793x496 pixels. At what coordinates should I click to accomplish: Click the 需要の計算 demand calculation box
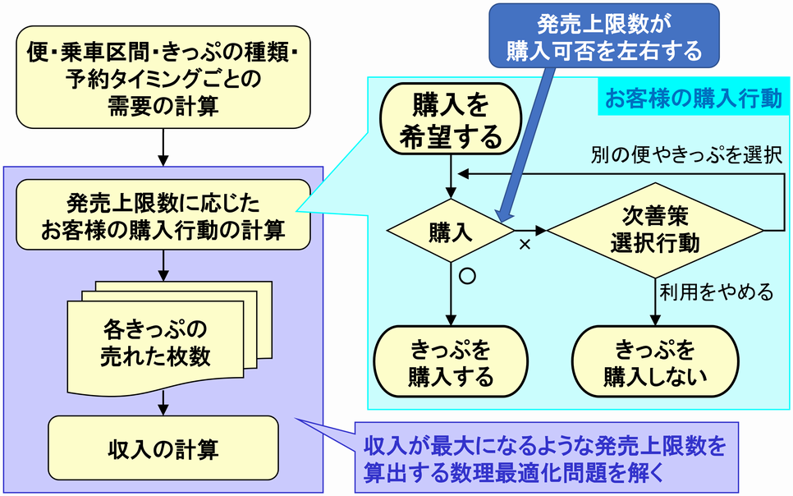tap(163, 77)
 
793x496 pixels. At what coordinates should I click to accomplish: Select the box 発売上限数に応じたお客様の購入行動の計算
tap(163, 215)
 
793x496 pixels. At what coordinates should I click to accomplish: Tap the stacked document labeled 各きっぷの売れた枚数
tap(170, 338)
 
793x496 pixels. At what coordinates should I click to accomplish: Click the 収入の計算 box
tap(163, 448)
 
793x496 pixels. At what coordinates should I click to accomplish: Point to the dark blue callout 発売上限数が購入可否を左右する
tap(604, 35)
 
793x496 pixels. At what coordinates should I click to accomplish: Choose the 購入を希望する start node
tap(451, 119)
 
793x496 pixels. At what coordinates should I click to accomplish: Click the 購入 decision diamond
tap(451, 231)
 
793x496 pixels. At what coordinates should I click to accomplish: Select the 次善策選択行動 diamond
tap(655, 231)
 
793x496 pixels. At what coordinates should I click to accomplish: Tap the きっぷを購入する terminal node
tap(451, 362)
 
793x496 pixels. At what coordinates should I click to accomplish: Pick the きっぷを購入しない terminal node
tap(655, 362)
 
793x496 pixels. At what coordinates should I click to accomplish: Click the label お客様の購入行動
tap(694, 98)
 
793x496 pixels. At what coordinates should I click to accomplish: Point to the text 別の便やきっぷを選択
tap(687, 155)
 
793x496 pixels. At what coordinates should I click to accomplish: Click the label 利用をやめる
tap(717, 292)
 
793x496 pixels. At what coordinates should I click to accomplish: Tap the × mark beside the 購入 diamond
tap(525, 245)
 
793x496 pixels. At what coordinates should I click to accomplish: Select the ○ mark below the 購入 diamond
tap(467, 276)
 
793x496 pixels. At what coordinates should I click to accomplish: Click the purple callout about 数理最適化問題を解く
tap(546, 457)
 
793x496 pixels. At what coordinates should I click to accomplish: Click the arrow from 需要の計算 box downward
tap(163, 147)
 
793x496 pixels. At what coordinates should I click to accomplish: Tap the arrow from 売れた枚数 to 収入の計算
tap(163, 403)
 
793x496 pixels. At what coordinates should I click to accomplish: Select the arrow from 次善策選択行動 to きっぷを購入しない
tap(655, 301)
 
